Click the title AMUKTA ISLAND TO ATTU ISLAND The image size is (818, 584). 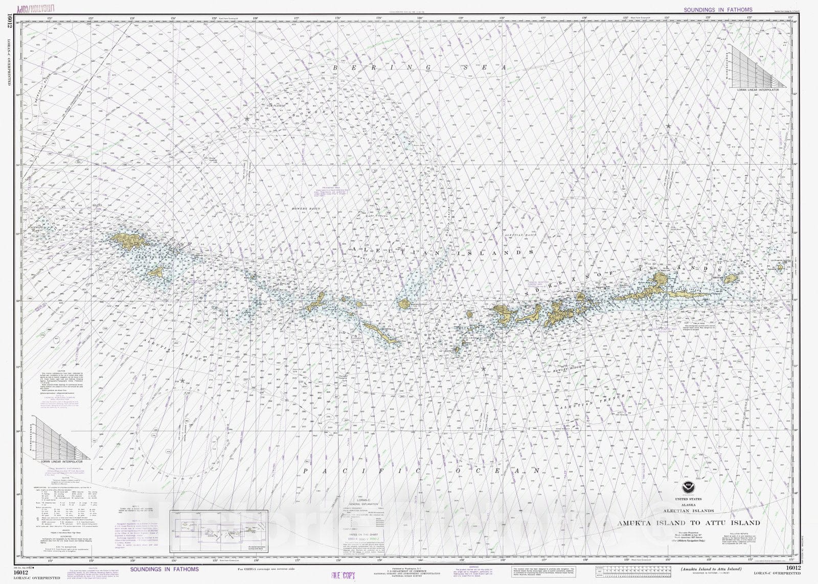[x=688, y=523]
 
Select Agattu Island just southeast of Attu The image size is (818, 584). [x=155, y=272]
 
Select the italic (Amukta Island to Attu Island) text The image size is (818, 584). [x=707, y=569]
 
